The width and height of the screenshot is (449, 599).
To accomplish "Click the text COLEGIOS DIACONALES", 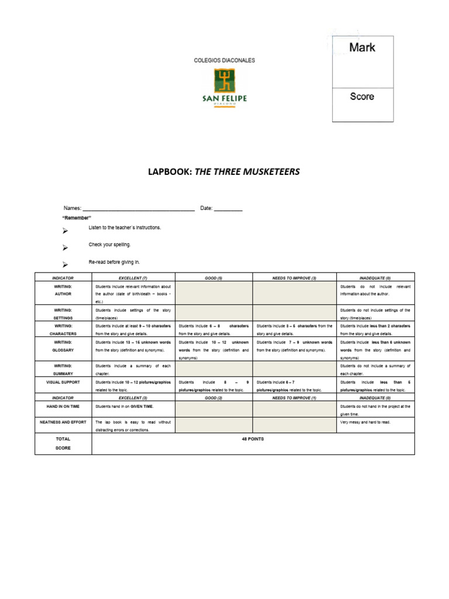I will [x=224, y=60].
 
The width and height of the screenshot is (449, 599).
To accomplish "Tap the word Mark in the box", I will [x=362, y=48].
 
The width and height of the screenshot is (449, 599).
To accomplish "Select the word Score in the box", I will [x=362, y=97].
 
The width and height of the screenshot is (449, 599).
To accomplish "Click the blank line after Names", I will [x=139, y=209].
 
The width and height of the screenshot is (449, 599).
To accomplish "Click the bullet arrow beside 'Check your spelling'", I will [x=65, y=247].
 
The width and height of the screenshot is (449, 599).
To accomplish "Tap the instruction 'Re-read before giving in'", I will [x=115, y=262].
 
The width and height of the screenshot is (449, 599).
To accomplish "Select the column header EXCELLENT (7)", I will [x=133, y=278].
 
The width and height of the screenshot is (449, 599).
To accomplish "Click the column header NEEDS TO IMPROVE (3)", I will [x=294, y=278].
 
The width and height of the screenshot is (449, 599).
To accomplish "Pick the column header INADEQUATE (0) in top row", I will [x=375, y=278].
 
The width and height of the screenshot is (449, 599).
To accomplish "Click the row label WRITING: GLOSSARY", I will [x=63, y=346].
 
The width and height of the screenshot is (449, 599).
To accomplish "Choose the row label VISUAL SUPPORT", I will [x=63, y=381].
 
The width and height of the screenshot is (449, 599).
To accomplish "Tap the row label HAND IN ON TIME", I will [x=63, y=405].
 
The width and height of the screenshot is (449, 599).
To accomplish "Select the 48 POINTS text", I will [x=253, y=438].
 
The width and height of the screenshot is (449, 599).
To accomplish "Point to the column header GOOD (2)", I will [x=213, y=397].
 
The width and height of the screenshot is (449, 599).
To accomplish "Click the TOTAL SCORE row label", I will [x=63, y=443].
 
